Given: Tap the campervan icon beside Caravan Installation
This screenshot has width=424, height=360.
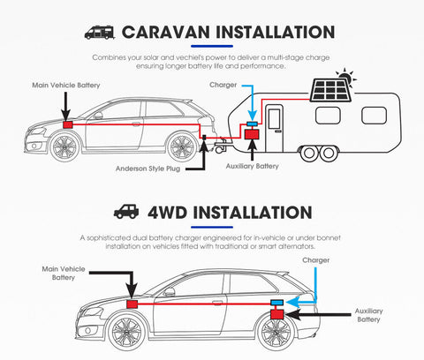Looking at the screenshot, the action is coord(99,33).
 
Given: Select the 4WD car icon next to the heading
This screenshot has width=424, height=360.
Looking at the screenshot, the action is coord(126,212).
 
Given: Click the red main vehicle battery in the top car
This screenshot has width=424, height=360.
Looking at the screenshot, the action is coord(68,124).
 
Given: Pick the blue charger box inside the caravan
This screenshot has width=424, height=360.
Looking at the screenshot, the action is coord(252,124).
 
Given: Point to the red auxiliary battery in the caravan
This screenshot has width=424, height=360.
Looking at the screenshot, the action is coord(252,134).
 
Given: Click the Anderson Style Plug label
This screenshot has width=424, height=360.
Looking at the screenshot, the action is coord(148,169).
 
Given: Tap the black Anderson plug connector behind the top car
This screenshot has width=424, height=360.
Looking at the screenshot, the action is coord(204,137).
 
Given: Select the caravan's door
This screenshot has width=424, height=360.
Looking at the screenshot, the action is coord(275,128).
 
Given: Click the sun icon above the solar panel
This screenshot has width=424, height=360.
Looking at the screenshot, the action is coord(346,76).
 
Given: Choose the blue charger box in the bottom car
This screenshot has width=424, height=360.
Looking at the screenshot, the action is coord(277,303).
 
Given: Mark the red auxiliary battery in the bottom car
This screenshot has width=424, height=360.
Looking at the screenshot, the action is coord(277,314).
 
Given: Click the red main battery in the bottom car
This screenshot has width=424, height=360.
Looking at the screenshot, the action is coord(132,304).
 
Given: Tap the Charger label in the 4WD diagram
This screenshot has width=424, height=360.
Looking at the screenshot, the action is coord(316,260).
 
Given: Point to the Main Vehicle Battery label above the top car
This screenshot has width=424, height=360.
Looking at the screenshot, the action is coord(66,86).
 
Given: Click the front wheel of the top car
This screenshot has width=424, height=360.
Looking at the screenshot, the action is coord(64,147).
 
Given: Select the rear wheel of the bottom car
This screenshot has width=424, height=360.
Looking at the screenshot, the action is coord(276,333).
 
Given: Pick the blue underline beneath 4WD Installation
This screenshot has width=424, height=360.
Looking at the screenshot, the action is coord(212,227).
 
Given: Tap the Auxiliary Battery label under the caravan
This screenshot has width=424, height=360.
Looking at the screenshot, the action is coord(252,166).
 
